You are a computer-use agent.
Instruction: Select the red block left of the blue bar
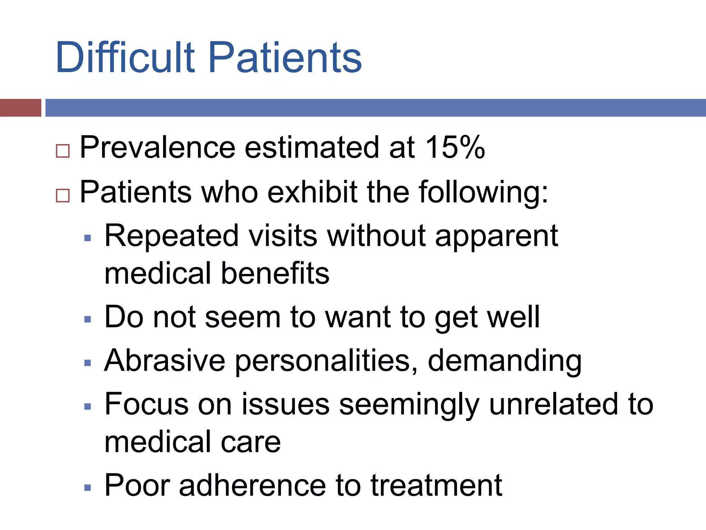20,108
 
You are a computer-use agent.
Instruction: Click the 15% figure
455,147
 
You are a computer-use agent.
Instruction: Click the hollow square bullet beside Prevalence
63,151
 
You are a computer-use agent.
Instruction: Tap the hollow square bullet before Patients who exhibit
63,195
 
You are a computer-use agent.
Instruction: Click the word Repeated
171,236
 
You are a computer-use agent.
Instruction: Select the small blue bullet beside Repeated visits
88,238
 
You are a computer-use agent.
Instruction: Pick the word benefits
275,273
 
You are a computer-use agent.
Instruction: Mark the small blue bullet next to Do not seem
88,320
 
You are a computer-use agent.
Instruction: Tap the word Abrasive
165,361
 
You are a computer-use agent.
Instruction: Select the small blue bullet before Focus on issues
88,406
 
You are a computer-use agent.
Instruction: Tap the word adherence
252,485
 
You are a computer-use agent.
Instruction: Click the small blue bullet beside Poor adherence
88,488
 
